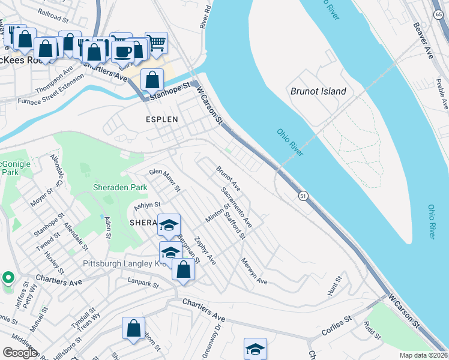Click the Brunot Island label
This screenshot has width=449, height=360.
318,91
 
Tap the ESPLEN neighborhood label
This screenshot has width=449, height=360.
162,119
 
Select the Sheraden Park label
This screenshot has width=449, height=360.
120,187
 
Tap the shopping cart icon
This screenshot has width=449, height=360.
156,42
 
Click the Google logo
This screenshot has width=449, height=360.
20,353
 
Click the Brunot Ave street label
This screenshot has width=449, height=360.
229,179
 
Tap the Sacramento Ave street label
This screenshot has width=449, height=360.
237,207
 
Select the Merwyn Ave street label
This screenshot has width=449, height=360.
254,271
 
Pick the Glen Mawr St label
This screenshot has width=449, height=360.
165,180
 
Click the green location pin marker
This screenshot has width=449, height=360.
8,278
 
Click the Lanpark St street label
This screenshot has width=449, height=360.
142,281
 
